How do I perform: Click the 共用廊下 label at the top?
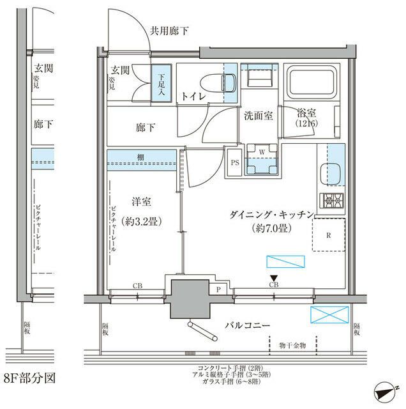coord(169,31)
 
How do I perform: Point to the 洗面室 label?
coord(259,115)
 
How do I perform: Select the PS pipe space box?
coord(235,162)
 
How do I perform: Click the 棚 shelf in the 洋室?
coord(141,157)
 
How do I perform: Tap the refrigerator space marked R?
coord(328,235)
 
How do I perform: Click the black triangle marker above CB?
coord(273,277)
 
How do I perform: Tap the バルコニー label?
coord(248,325)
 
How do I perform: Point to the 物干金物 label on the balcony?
coord(292,346)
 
